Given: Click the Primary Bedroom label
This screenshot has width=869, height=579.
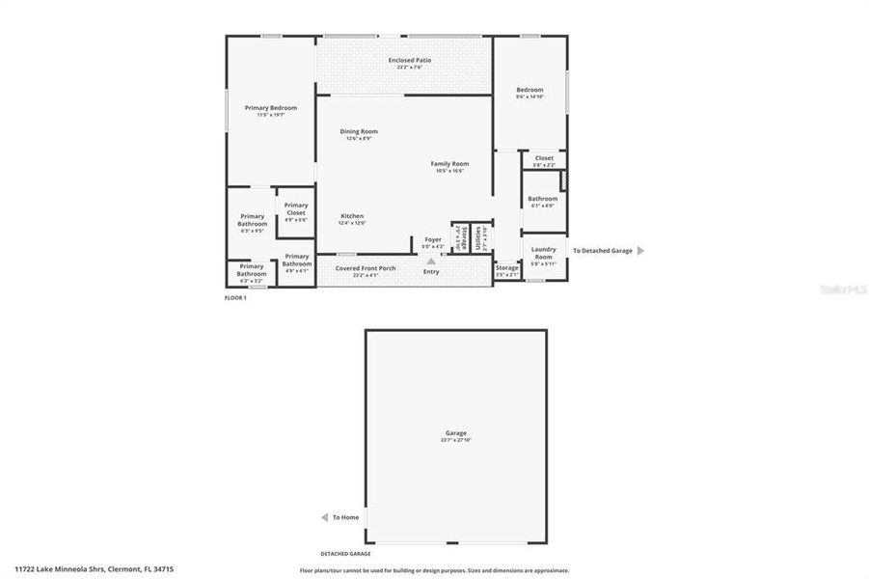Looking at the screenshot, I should tap(270, 107).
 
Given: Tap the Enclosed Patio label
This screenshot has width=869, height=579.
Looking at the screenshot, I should tap(410, 60).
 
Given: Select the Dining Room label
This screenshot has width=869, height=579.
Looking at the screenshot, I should tap(359, 131).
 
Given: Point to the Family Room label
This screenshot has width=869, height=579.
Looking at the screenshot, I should tap(449, 163).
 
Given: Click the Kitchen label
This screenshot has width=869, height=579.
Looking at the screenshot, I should tap(352, 216).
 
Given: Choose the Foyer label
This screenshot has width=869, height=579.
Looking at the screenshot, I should tap(433, 239).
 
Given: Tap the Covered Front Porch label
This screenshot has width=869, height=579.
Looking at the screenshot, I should tap(366, 268).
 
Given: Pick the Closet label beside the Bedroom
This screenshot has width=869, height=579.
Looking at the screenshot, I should tap(544, 157).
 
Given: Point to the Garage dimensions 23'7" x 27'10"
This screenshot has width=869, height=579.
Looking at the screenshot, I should tap(456, 440).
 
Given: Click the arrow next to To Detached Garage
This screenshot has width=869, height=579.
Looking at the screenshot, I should tap(640, 250).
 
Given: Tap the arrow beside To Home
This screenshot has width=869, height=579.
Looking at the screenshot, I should tap(325, 517).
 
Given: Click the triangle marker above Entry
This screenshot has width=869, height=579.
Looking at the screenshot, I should tap(431, 260).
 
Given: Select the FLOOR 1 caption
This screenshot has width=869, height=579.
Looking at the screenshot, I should tap(235, 297).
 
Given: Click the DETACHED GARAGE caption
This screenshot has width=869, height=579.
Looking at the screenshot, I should tap(345, 554).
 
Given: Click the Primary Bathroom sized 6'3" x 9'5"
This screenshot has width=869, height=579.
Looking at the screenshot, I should tap(253, 223).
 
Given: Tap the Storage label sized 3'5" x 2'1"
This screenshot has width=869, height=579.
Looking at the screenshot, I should tap(506, 267).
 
